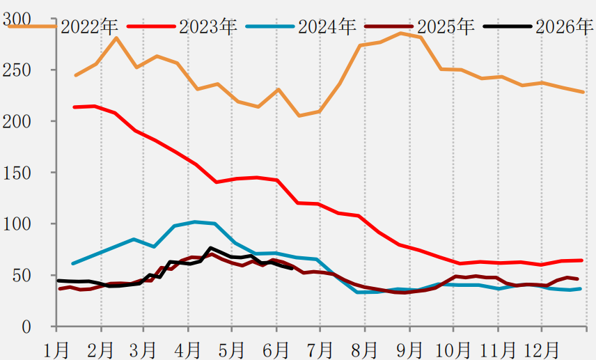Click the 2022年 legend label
click(89, 26)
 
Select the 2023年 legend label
click(208, 26)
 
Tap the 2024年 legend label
click(327, 26)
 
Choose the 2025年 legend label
click(446, 26)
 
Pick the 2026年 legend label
click(565, 26)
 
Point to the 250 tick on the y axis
click(16, 70)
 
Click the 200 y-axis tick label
click(16, 122)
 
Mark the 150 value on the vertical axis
click(16, 173)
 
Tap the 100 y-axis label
click(16, 224)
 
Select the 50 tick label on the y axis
click(22, 276)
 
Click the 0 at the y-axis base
click(26, 327)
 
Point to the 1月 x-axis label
click(56, 350)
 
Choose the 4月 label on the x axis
click(189, 350)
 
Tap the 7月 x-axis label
click(320, 350)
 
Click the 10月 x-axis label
click(453, 350)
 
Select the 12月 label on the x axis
click(541, 350)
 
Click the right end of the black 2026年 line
click(292, 268)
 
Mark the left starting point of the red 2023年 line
click(74, 107)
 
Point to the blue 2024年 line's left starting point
click(72, 263)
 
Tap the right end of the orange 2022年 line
click(583, 92)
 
